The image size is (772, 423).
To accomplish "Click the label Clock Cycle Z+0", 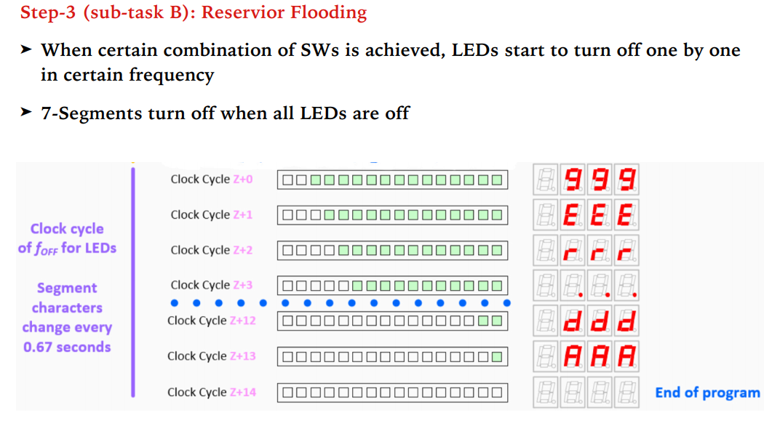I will pos(211,179).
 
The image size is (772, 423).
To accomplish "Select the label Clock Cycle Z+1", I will pos(211,214).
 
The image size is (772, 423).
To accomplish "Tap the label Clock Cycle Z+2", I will pos(211,250).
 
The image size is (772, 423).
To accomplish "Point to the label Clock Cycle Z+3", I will pos(211,285).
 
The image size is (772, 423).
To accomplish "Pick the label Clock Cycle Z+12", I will pos(211,321).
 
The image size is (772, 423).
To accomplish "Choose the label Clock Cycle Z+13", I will pos(211,356).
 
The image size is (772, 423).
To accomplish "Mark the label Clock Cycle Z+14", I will pos(211,392).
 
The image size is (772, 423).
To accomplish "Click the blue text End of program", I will pos(707,392).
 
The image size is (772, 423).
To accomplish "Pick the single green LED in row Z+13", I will pos(496,357).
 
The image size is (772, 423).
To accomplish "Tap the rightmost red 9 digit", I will pos(626,179).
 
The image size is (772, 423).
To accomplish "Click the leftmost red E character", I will pos(574,214).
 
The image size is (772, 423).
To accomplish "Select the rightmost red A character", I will pos(626,356).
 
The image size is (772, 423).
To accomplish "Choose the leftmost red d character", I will pos(574,321).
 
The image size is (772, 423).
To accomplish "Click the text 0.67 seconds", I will pos(67,347).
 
